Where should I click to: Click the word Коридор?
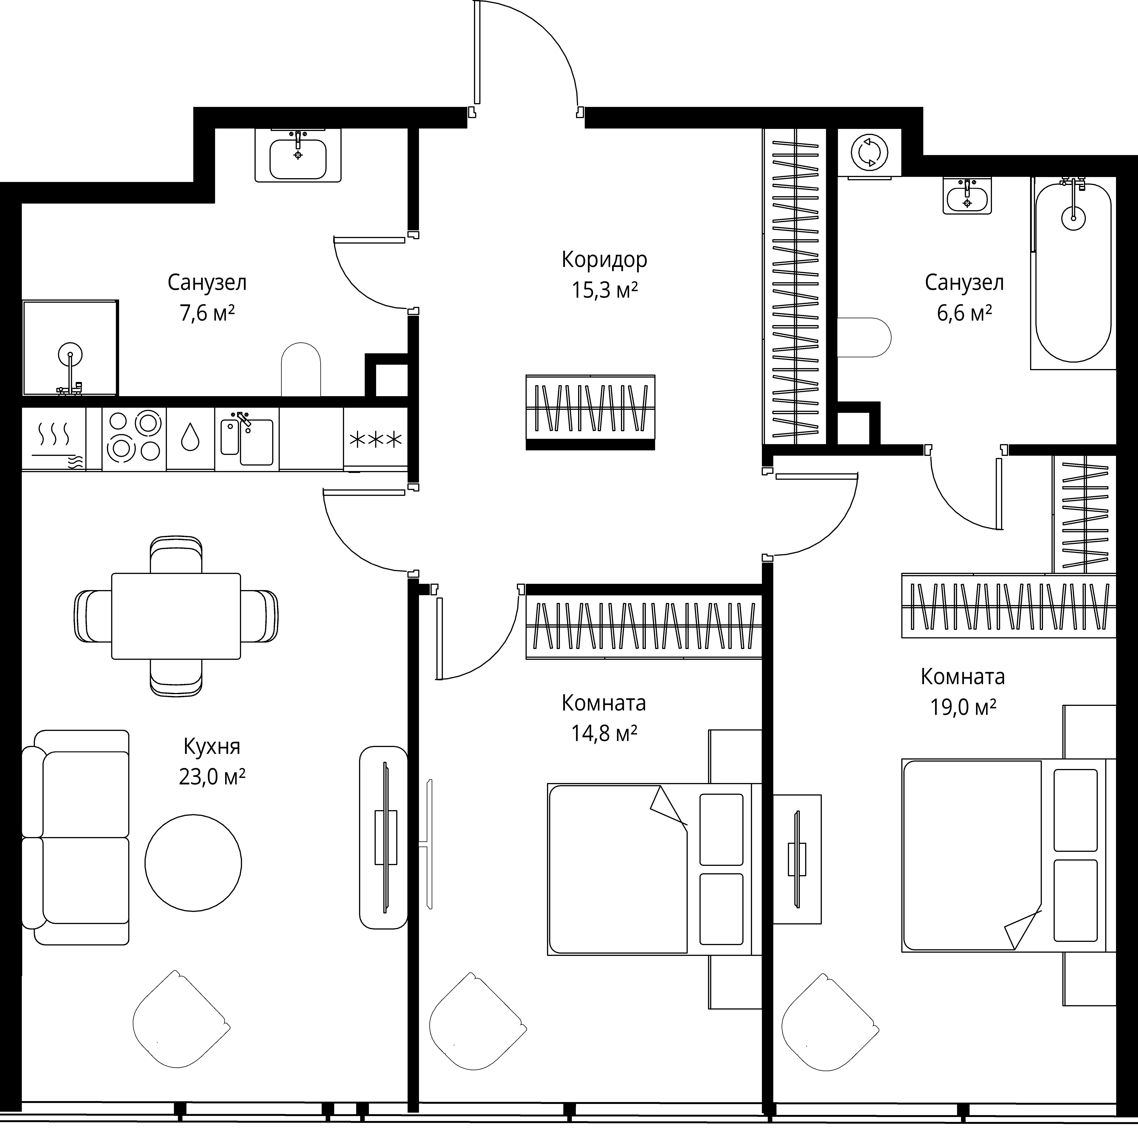[604, 260]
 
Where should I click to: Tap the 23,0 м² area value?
[212, 777]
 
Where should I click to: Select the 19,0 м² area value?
[963, 707]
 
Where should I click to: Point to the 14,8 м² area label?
[604, 733]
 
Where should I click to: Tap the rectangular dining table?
[176, 616]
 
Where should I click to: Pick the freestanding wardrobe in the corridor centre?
[590, 412]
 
